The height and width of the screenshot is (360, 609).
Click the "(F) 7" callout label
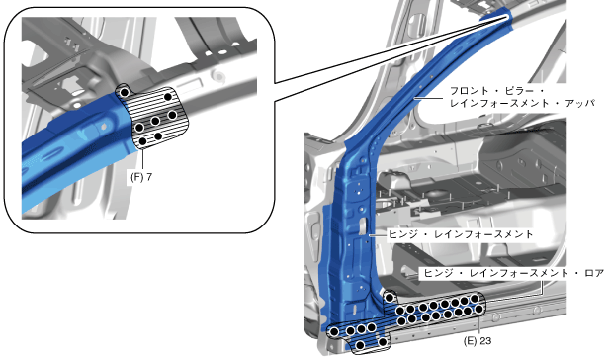(x=141, y=177)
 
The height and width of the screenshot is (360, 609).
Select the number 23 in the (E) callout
(x=485, y=341)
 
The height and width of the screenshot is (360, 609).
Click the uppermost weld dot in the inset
(x=125, y=92)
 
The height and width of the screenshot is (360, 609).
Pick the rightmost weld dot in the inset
(x=172, y=115)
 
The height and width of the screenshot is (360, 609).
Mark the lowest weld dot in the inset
(x=143, y=141)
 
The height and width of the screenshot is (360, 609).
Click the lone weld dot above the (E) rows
(x=390, y=298)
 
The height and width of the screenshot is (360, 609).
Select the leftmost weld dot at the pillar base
(x=334, y=331)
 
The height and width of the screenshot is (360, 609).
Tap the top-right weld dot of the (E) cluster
(x=475, y=299)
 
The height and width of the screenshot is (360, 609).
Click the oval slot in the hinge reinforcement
(x=363, y=226)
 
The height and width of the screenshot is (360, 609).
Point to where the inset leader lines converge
(x=508, y=16)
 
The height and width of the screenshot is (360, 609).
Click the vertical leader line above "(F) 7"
(x=143, y=160)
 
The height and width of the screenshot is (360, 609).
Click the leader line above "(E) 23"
(x=479, y=325)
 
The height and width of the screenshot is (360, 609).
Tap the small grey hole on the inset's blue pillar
(x=103, y=127)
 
